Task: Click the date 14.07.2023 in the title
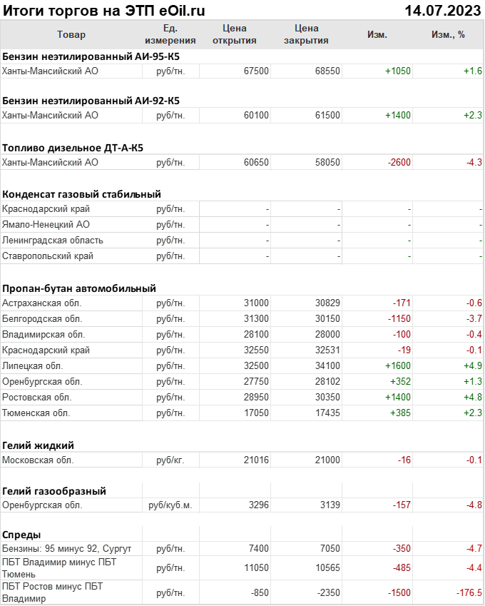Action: pyautogui.click(x=442, y=10)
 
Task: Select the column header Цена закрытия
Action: pyautogui.click(x=306, y=34)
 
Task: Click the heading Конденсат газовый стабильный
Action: pyautogui.click(x=81, y=193)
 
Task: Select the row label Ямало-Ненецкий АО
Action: pyautogui.click(x=46, y=224)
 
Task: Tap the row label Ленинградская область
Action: pyautogui.click(x=53, y=240)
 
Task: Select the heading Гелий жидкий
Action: pyautogui.click(x=39, y=445)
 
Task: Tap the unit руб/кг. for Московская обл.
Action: pyautogui.click(x=170, y=460)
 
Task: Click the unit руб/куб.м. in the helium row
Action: pyautogui.click(x=170, y=505)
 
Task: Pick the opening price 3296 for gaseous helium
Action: pyautogui.click(x=258, y=505)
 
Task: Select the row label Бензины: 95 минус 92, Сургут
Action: pyautogui.click(x=67, y=548)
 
